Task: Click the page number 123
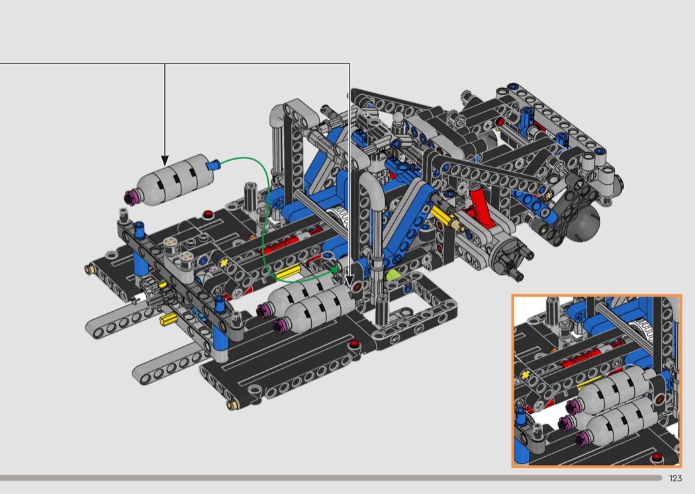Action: pos(675,478)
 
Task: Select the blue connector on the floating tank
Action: pos(214,166)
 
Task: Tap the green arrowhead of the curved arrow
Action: pos(336,268)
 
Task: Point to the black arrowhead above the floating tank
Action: pos(165,160)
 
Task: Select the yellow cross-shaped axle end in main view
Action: pos(224,263)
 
